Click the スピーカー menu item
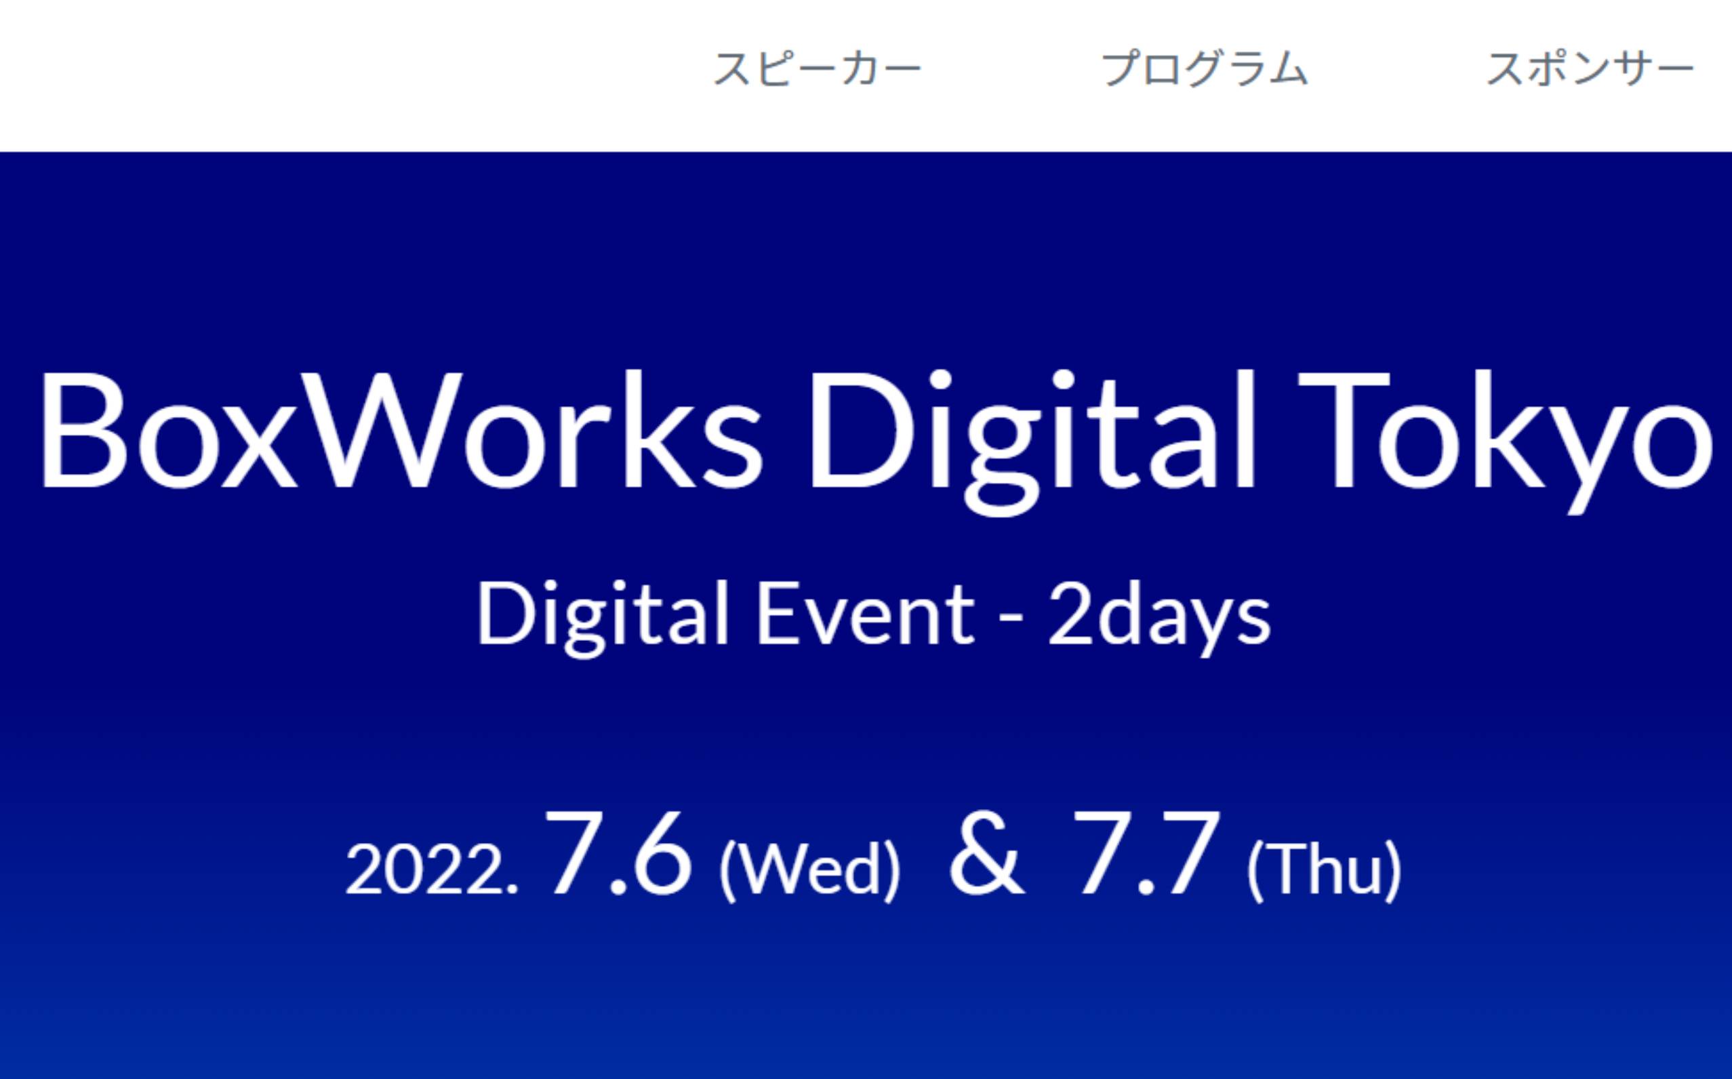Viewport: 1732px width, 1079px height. point(818,69)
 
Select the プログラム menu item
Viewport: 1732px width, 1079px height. point(1204,69)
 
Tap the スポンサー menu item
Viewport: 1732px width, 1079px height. point(1590,69)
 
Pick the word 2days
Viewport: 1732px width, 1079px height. point(1159,618)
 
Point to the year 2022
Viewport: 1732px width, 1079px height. point(432,867)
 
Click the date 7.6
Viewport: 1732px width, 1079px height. point(618,852)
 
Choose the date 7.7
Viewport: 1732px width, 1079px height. point(1145,852)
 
